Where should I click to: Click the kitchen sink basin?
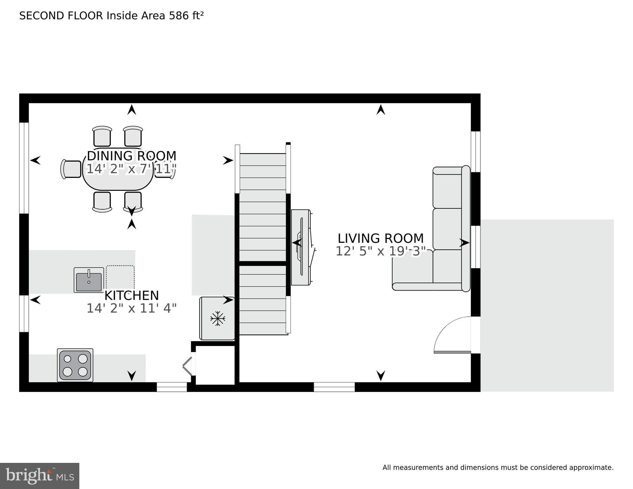tap(89, 280)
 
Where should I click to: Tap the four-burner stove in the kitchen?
tap(75, 365)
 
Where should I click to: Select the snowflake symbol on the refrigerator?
tap(218, 318)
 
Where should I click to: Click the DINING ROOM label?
tap(132, 156)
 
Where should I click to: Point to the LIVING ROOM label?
tap(381, 238)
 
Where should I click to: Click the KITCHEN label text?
tap(132, 296)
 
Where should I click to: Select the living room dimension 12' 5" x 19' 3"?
tap(381, 251)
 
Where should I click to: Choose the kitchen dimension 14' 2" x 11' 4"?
tap(132, 308)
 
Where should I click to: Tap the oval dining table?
tap(118, 169)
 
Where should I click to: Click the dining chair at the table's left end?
tap(71, 169)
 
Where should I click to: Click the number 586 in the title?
tap(179, 16)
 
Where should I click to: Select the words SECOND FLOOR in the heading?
tap(61, 16)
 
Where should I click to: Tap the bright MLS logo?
tap(40, 476)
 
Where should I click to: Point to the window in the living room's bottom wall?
tap(334, 387)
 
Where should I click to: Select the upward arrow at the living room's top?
tap(381, 110)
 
